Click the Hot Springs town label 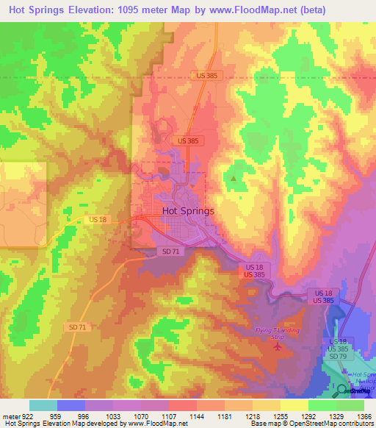click(x=188, y=210)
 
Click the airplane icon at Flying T click(x=277, y=346)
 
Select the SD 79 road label click(x=339, y=357)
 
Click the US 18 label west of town click(x=97, y=219)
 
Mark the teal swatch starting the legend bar click(x=43, y=405)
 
